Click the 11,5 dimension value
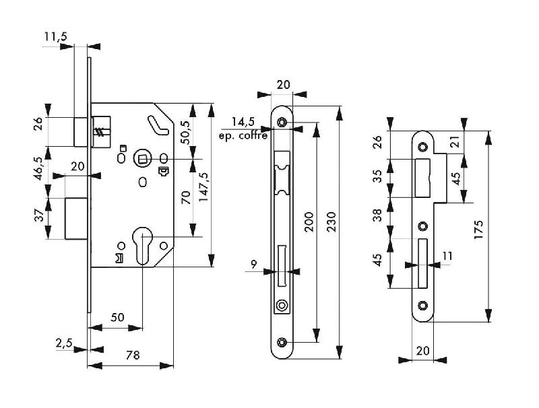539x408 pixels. pos(56,37)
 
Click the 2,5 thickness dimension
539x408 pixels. pos(65,343)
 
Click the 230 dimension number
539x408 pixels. pos(331,222)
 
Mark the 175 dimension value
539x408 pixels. pos(479,228)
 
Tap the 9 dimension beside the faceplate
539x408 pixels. pos(254,265)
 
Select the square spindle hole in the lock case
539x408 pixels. pos(143,159)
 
